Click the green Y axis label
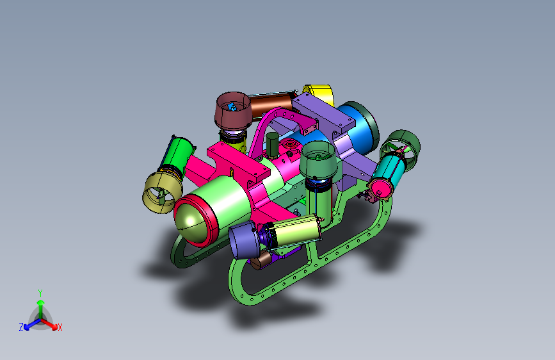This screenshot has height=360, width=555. click(40, 293)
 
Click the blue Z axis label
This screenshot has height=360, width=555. click(21, 327)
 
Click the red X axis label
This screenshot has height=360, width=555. click(60, 327)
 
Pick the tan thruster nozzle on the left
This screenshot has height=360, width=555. click(162, 192)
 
